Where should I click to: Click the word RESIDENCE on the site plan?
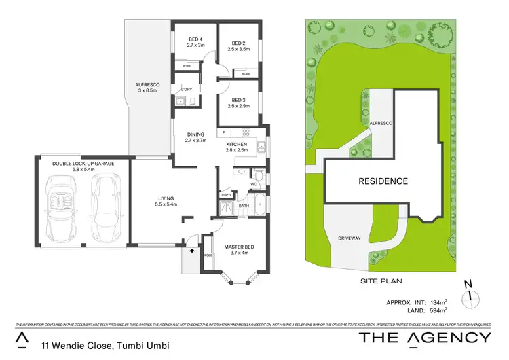pos(383,181)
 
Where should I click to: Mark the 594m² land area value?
pos(438,310)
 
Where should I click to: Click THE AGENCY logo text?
pos(425,338)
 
